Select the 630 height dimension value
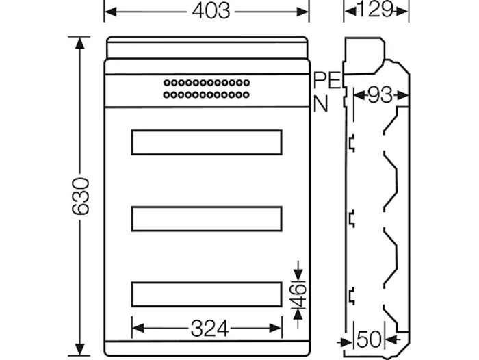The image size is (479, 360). tap(81, 196)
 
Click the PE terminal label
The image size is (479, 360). tap(327, 80)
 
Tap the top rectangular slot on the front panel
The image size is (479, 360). tap(206, 142)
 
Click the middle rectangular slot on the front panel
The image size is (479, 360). tap(206, 218)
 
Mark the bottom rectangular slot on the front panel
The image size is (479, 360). tap(206, 294)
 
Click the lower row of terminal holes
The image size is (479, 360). tap(206, 94)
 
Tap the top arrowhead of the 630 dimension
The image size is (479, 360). tap(81, 42)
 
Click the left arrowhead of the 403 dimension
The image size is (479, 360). tap(110, 11)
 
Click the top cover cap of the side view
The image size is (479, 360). tap(363, 55)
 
